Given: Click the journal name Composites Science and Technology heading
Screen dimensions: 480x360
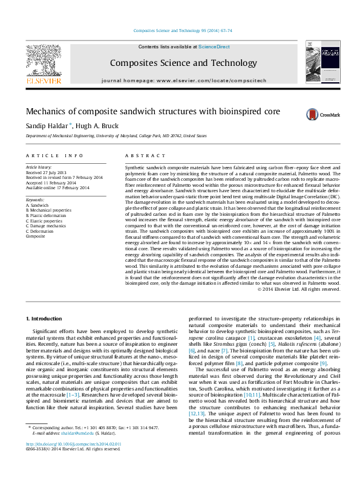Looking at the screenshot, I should pyautogui.click(x=180, y=63).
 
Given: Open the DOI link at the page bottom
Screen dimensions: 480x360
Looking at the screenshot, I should pyautogui.click(x=74, y=461).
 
